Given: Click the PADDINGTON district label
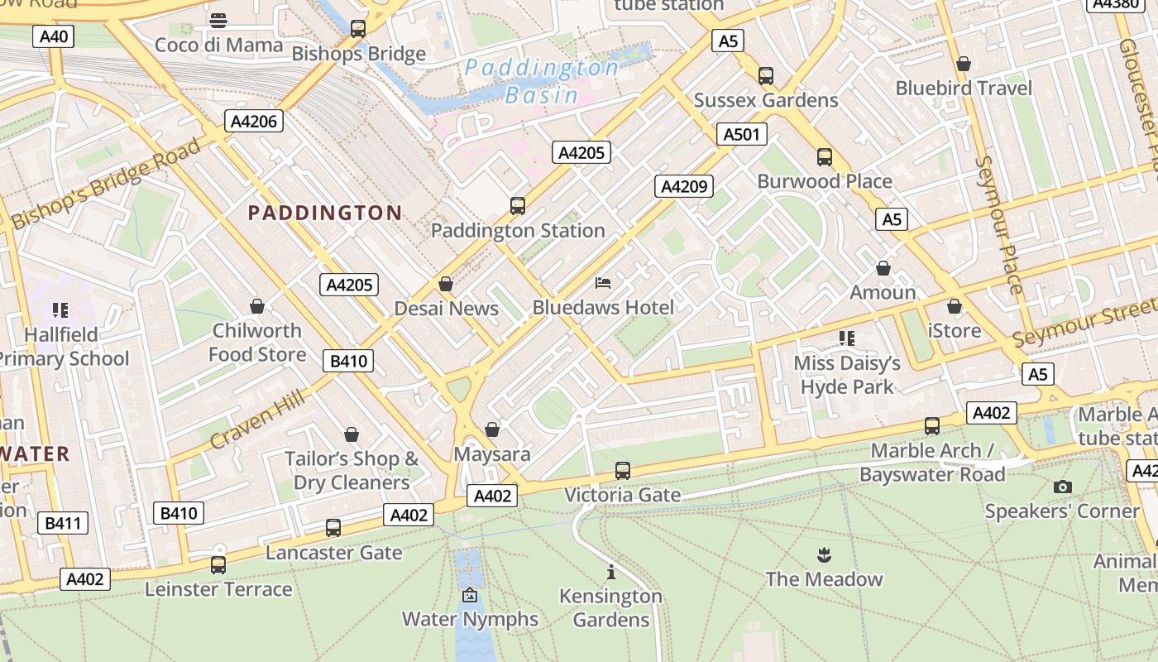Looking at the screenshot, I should coord(325,213).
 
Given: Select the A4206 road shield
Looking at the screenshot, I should coord(254,122).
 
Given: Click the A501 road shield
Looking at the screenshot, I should coord(740,134).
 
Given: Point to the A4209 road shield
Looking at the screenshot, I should coord(684,186).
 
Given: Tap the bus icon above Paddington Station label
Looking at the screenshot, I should coord(518,205).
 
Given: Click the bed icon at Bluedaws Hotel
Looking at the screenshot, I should coord(603,284).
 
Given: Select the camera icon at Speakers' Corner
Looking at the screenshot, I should coord(1063,487).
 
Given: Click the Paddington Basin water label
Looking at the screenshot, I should coord(542,81).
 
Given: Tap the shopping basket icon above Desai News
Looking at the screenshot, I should coord(446,285).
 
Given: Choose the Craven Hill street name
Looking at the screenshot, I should coord(257,420).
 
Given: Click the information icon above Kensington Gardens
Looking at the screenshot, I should coord(611,572).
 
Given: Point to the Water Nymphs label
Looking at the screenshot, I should coord(470,619).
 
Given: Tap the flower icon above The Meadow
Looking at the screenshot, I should coord(824,554).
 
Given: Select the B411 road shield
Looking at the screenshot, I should coord(62,523).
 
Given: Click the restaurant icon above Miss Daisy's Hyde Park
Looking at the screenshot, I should coord(846,338).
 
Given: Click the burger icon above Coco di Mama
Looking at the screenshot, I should coord(218,20).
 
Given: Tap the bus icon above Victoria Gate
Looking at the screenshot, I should coord(623,471).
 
